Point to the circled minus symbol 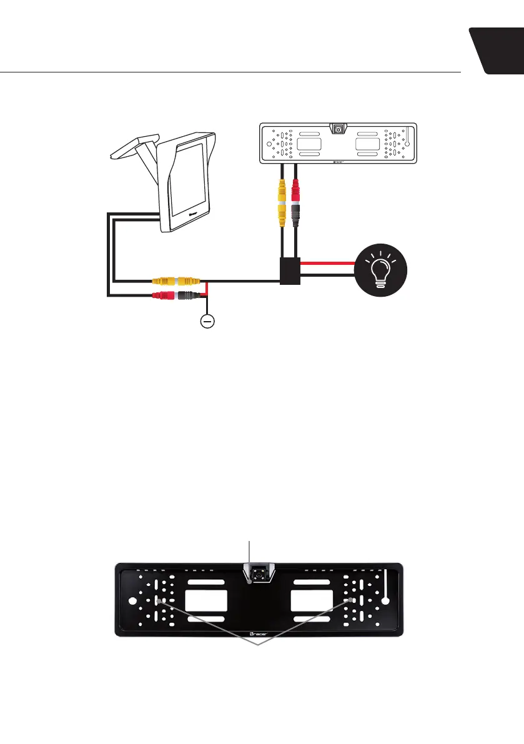click(x=207, y=322)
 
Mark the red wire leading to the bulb click(x=328, y=263)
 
